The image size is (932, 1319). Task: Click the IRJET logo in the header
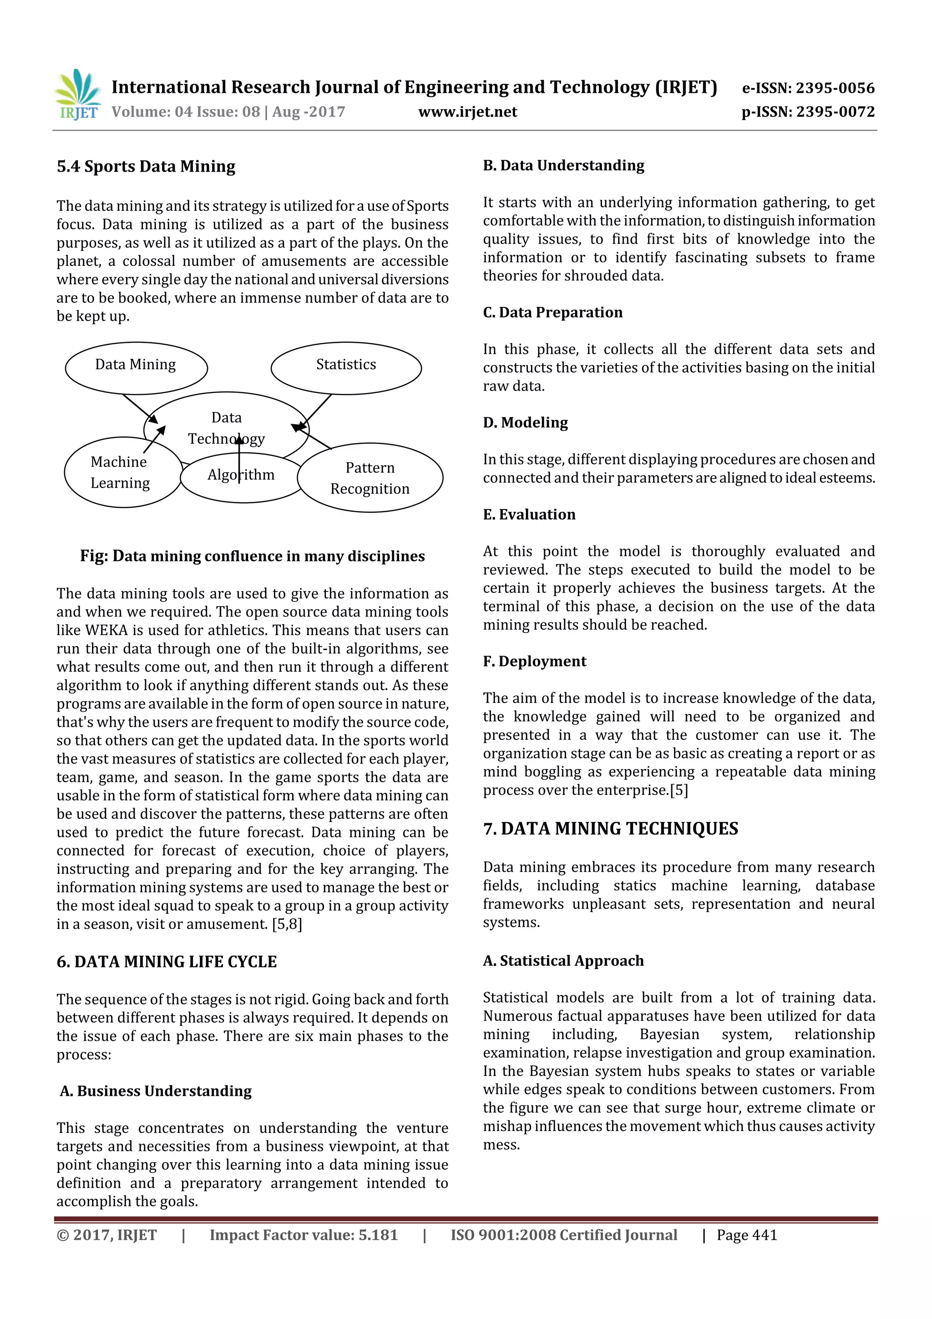click(79, 95)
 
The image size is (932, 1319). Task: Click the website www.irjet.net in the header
click(467, 112)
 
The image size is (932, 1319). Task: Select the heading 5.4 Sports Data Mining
click(146, 167)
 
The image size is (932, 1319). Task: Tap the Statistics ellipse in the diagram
click(346, 368)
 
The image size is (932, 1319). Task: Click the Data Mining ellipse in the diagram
click(136, 368)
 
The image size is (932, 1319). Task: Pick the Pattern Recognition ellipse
click(370, 478)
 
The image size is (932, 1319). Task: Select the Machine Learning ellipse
click(121, 473)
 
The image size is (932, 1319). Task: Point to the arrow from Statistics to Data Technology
click(314, 411)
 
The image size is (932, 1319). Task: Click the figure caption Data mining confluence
click(252, 556)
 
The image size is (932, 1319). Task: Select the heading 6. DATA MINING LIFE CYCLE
click(167, 962)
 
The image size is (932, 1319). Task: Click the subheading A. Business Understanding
click(156, 1091)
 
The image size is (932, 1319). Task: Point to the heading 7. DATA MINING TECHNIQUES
click(610, 829)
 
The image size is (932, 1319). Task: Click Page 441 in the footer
click(746, 1235)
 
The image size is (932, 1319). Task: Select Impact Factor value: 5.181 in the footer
click(303, 1235)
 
